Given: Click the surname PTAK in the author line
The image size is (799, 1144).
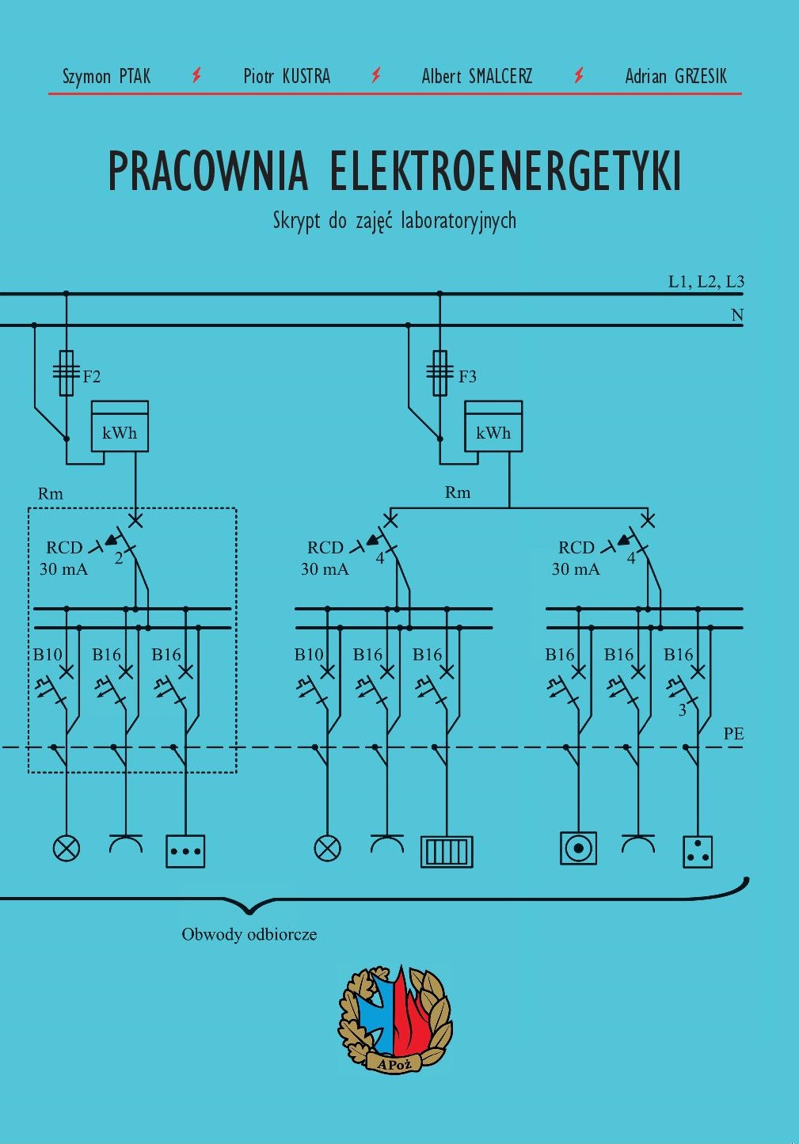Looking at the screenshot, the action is [135, 76].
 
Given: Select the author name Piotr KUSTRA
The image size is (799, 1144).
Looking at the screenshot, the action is [287, 76].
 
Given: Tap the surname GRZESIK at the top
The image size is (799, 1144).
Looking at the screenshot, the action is [700, 76].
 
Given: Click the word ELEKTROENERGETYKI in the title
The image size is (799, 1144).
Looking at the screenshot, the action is [506, 170].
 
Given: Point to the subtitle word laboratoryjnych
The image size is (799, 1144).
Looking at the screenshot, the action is [458, 221].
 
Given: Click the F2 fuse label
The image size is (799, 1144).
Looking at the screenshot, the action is [91, 377].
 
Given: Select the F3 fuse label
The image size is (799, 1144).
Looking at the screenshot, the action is [467, 377].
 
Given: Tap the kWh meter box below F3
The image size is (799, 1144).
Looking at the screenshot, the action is [493, 426].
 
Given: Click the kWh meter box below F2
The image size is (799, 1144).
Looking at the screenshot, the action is [120, 426].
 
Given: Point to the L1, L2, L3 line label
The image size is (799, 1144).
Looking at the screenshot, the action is [706, 281].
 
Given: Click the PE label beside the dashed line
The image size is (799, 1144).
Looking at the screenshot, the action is [733, 734].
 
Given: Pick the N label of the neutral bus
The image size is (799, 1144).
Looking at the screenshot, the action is [737, 314].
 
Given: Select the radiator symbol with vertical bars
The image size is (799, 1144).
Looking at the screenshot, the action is [447, 851].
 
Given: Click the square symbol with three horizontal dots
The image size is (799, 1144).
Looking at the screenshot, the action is [185, 851].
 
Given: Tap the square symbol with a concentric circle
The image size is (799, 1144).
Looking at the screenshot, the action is [578, 848].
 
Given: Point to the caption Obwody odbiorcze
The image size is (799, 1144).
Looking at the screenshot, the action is [249, 935].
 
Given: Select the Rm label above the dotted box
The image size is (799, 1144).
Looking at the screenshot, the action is [51, 493].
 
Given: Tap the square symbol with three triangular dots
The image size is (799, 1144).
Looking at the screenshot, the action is [698, 851].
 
